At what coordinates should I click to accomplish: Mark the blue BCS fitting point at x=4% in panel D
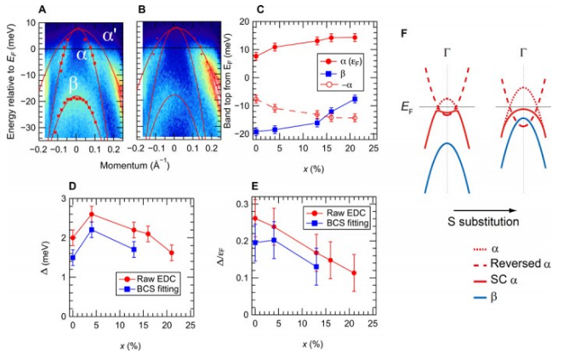coord(92,230)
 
